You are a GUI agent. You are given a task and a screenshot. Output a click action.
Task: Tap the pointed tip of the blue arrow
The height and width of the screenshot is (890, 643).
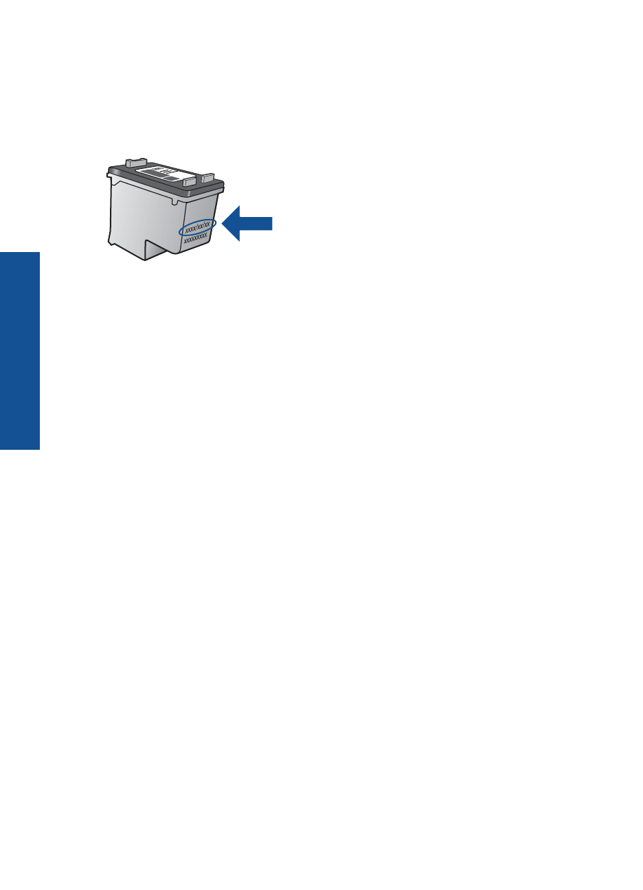223,223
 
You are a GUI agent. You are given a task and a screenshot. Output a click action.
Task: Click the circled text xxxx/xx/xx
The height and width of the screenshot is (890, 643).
198,227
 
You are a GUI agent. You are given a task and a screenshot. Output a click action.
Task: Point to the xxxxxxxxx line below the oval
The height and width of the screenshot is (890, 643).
196,238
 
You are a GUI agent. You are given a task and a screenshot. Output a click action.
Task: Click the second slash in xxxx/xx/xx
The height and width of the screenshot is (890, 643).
203,225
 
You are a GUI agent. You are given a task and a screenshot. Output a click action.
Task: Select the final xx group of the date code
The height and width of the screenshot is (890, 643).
207,224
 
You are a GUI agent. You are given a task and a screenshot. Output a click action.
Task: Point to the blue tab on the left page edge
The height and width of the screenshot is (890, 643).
20,350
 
